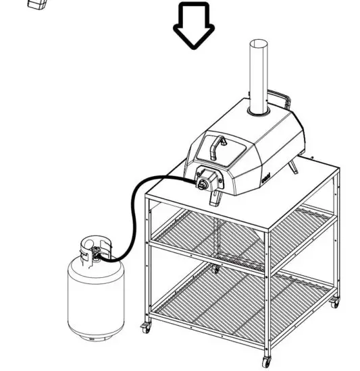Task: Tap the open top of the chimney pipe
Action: coord(258,45)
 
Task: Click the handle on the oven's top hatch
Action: coord(217,144)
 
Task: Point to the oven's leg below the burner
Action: coord(215,198)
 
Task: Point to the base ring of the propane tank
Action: coord(96,334)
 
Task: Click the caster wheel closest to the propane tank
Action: coord(145,330)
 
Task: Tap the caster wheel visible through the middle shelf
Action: coord(215,268)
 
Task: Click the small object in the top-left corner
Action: coord(38,3)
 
